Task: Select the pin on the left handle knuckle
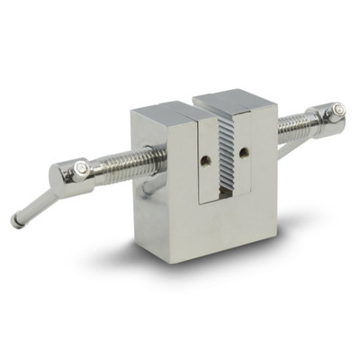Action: click(82, 167)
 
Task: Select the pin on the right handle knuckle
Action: click(337, 110)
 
